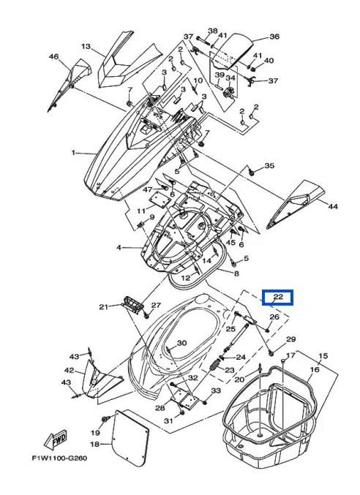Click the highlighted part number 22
pos(278,297)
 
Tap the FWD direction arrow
pos(56,439)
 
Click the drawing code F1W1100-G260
pos(59,458)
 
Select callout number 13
pos(86,46)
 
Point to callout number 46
pos(53,56)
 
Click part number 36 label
pos(274,37)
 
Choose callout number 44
pos(333,206)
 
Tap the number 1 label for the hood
pos(74,153)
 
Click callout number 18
pos(95,444)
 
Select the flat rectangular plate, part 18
pos(130,433)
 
